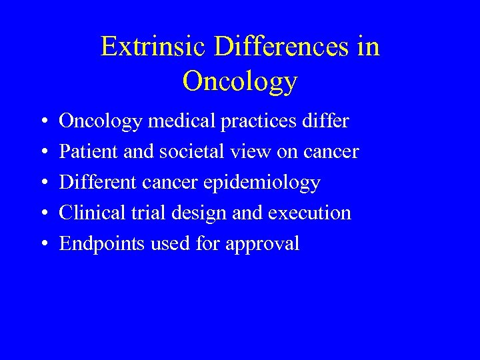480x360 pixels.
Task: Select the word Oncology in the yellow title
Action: [x=239, y=81]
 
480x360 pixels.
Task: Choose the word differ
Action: [x=325, y=121]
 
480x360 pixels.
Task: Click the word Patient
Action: [x=87, y=152]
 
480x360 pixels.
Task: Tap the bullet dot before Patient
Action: [x=43, y=153]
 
